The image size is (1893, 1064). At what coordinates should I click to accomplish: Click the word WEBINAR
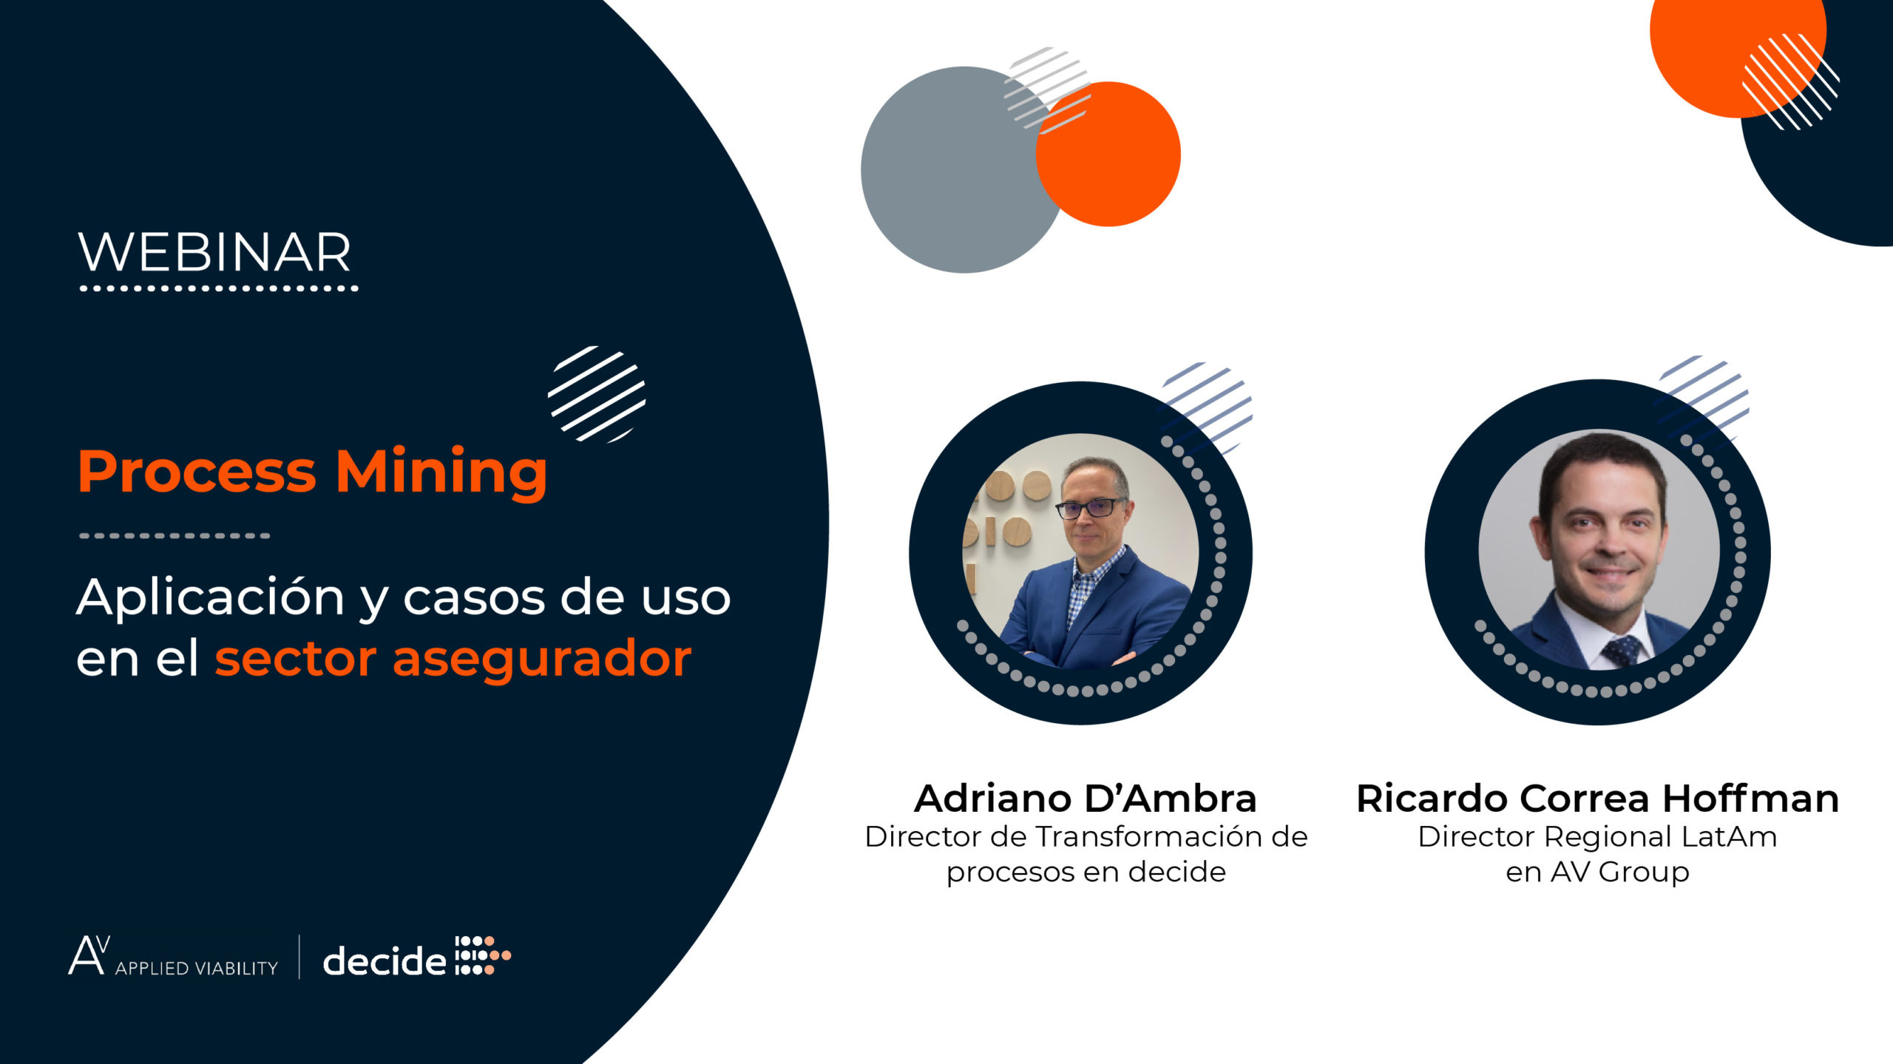point(214,253)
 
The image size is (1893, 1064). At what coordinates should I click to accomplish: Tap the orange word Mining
point(441,473)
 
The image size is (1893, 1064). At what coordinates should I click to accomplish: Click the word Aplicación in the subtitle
point(211,597)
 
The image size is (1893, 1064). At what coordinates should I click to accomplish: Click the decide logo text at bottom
point(385,960)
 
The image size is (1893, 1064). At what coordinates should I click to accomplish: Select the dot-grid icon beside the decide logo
point(482,955)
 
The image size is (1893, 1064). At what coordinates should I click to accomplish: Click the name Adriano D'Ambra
point(1085,799)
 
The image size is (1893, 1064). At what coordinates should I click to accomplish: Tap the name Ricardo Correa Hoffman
point(1597,799)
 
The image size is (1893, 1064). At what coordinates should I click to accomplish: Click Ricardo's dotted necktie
point(1621,651)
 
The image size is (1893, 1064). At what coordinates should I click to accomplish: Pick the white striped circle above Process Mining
point(596,394)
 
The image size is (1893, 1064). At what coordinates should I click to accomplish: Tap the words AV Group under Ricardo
point(1619,872)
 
